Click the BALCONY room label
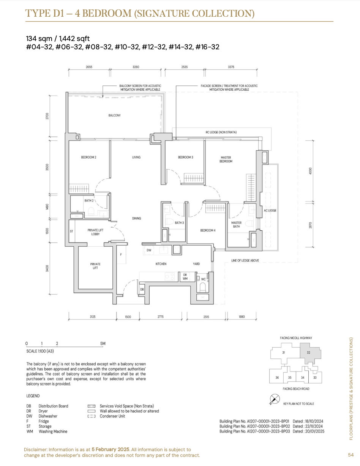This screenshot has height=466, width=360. (x=114, y=115)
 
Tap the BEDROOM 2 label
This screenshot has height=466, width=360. (x=88, y=157)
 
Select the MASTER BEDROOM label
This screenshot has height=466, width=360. (x=226, y=159)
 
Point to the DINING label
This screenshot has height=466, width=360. (x=136, y=218)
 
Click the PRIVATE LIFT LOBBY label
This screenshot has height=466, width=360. (x=95, y=232)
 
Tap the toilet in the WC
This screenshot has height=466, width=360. (x=202, y=287)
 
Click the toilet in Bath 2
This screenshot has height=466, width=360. (x=91, y=211)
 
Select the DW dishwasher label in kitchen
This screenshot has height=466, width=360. (x=149, y=250)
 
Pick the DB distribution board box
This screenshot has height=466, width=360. (x=142, y=289)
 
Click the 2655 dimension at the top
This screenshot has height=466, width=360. (x=89, y=67)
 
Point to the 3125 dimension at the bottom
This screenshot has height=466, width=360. (x=92, y=316)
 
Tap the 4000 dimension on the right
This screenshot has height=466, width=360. (x=310, y=171)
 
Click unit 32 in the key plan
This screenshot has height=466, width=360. (x=308, y=352)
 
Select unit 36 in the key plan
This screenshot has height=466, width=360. (x=277, y=378)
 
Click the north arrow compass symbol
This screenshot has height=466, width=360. (x=275, y=399)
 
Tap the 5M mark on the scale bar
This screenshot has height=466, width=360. (x=103, y=343)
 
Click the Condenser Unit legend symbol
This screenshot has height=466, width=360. (x=92, y=416)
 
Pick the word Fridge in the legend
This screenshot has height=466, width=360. (x=44, y=421)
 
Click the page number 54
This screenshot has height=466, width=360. (x=351, y=455)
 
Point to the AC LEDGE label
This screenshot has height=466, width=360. (x=270, y=210)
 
